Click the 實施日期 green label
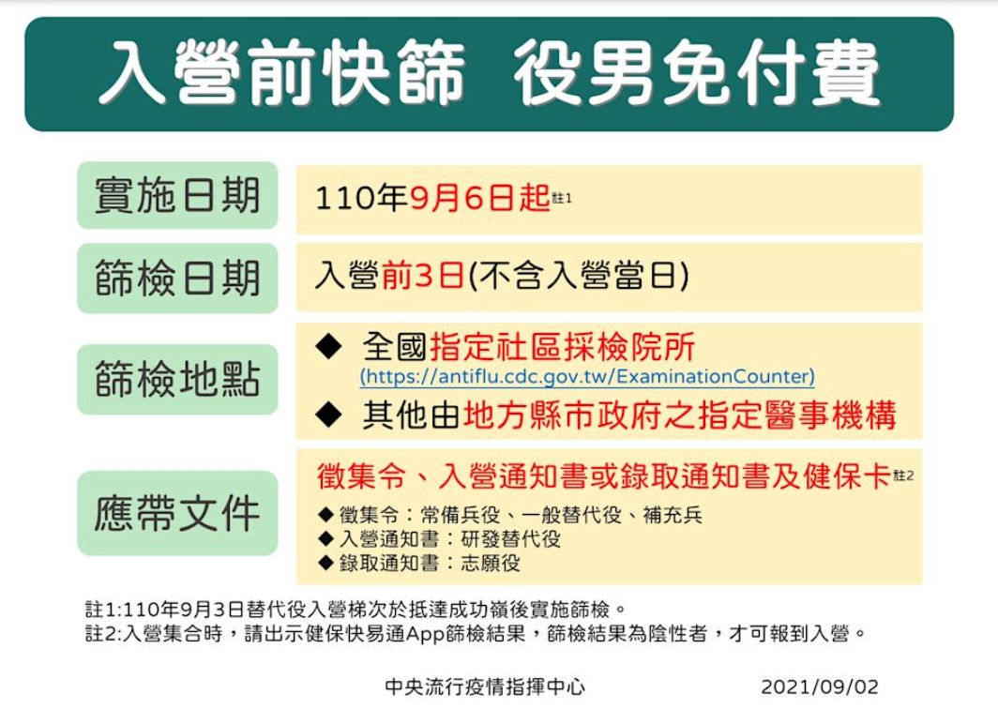pos(177,195)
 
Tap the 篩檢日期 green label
pos(177,279)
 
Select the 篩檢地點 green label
pos(177,379)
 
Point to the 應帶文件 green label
pos(177,513)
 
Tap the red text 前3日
pos(423,277)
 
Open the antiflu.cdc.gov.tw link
pos(587,377)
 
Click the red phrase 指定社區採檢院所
pos(562,347)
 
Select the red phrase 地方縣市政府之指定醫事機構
pos(680,415)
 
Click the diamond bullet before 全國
pos(329,346)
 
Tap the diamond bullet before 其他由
pos(329,415)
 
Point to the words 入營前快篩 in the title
pos(282,72)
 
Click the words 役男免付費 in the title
pos(697,72)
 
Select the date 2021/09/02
pos(820,687)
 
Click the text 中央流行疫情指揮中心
pos(485,687)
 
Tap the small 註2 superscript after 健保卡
pos(904,475)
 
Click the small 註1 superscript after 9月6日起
pos(562,198)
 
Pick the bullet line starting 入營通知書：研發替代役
pos(440,539)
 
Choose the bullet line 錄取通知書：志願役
pos(419,564)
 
